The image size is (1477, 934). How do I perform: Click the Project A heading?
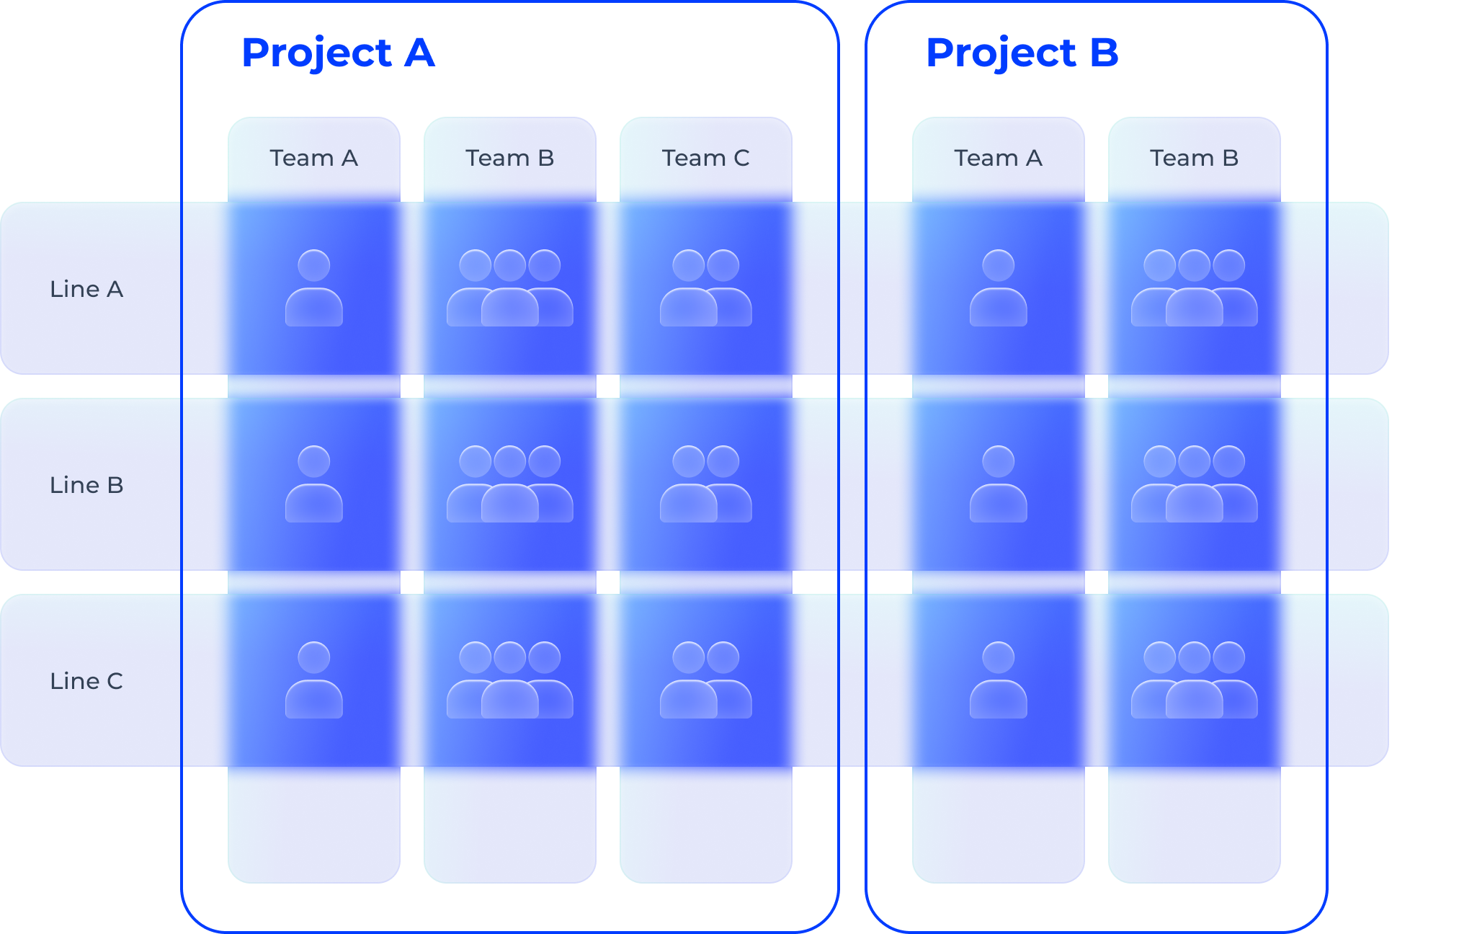coord(338,53)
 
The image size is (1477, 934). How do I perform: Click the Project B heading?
coord(1022,53)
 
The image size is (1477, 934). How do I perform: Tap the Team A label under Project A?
coord(313,158)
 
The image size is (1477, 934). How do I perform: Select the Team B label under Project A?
coord(509,158)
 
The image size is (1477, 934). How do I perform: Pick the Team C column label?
coord(705,158)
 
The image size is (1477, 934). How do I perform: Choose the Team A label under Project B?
coord(998,158)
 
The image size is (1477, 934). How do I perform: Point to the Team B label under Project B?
coord(1194,158)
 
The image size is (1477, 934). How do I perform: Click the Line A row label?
coord(86,289)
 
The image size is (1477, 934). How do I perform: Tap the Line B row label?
coord(86,485)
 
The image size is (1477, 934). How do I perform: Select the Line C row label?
coord(86,681)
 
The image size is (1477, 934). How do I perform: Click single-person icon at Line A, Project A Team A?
coord(314,288)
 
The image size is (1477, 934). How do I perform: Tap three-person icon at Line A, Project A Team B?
coord(510,288)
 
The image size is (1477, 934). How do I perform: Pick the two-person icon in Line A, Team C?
coord(706,288)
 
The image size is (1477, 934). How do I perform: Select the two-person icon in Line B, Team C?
coord(706,484)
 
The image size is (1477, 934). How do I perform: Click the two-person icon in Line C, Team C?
coord(706,680)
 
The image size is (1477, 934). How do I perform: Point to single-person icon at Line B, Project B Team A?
coord(999,484)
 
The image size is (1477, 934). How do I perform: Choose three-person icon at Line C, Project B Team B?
coord(1195,680)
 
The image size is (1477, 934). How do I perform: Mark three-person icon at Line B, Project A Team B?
coord(510,484)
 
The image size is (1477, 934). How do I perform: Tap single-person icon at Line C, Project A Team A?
coord(314,680)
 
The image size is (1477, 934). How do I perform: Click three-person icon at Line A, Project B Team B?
coord(1195,288)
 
